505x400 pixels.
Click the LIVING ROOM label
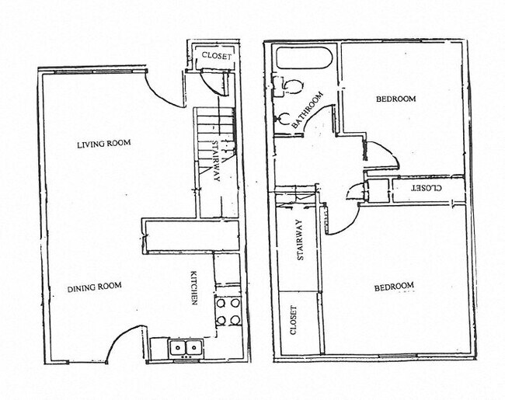click(x=103, y=143)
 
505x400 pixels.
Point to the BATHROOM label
click(x=307, y=111)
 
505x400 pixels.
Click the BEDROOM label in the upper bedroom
click(x=395, y=99)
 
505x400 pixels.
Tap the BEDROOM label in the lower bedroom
click(x=394, y=287)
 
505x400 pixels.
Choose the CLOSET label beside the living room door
click(x=216, y=55)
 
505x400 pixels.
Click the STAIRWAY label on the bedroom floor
click(x=298, y=241)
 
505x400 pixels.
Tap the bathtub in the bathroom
click(x=305, y=58)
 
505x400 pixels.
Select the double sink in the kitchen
click(x=186, y=347)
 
